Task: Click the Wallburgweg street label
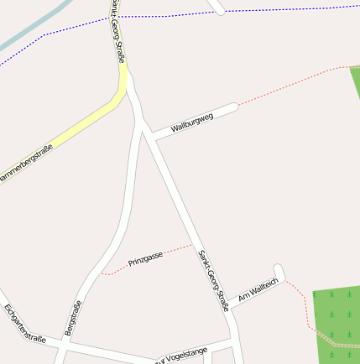[x=192, y=122]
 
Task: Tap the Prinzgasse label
[x=145, y=259]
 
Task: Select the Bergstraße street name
[x=73, y=318]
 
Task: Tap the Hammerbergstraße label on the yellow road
[x=25, y=164]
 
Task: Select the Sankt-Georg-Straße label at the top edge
[x=117, y=25]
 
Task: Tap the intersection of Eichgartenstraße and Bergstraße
[x=62, y=341]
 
